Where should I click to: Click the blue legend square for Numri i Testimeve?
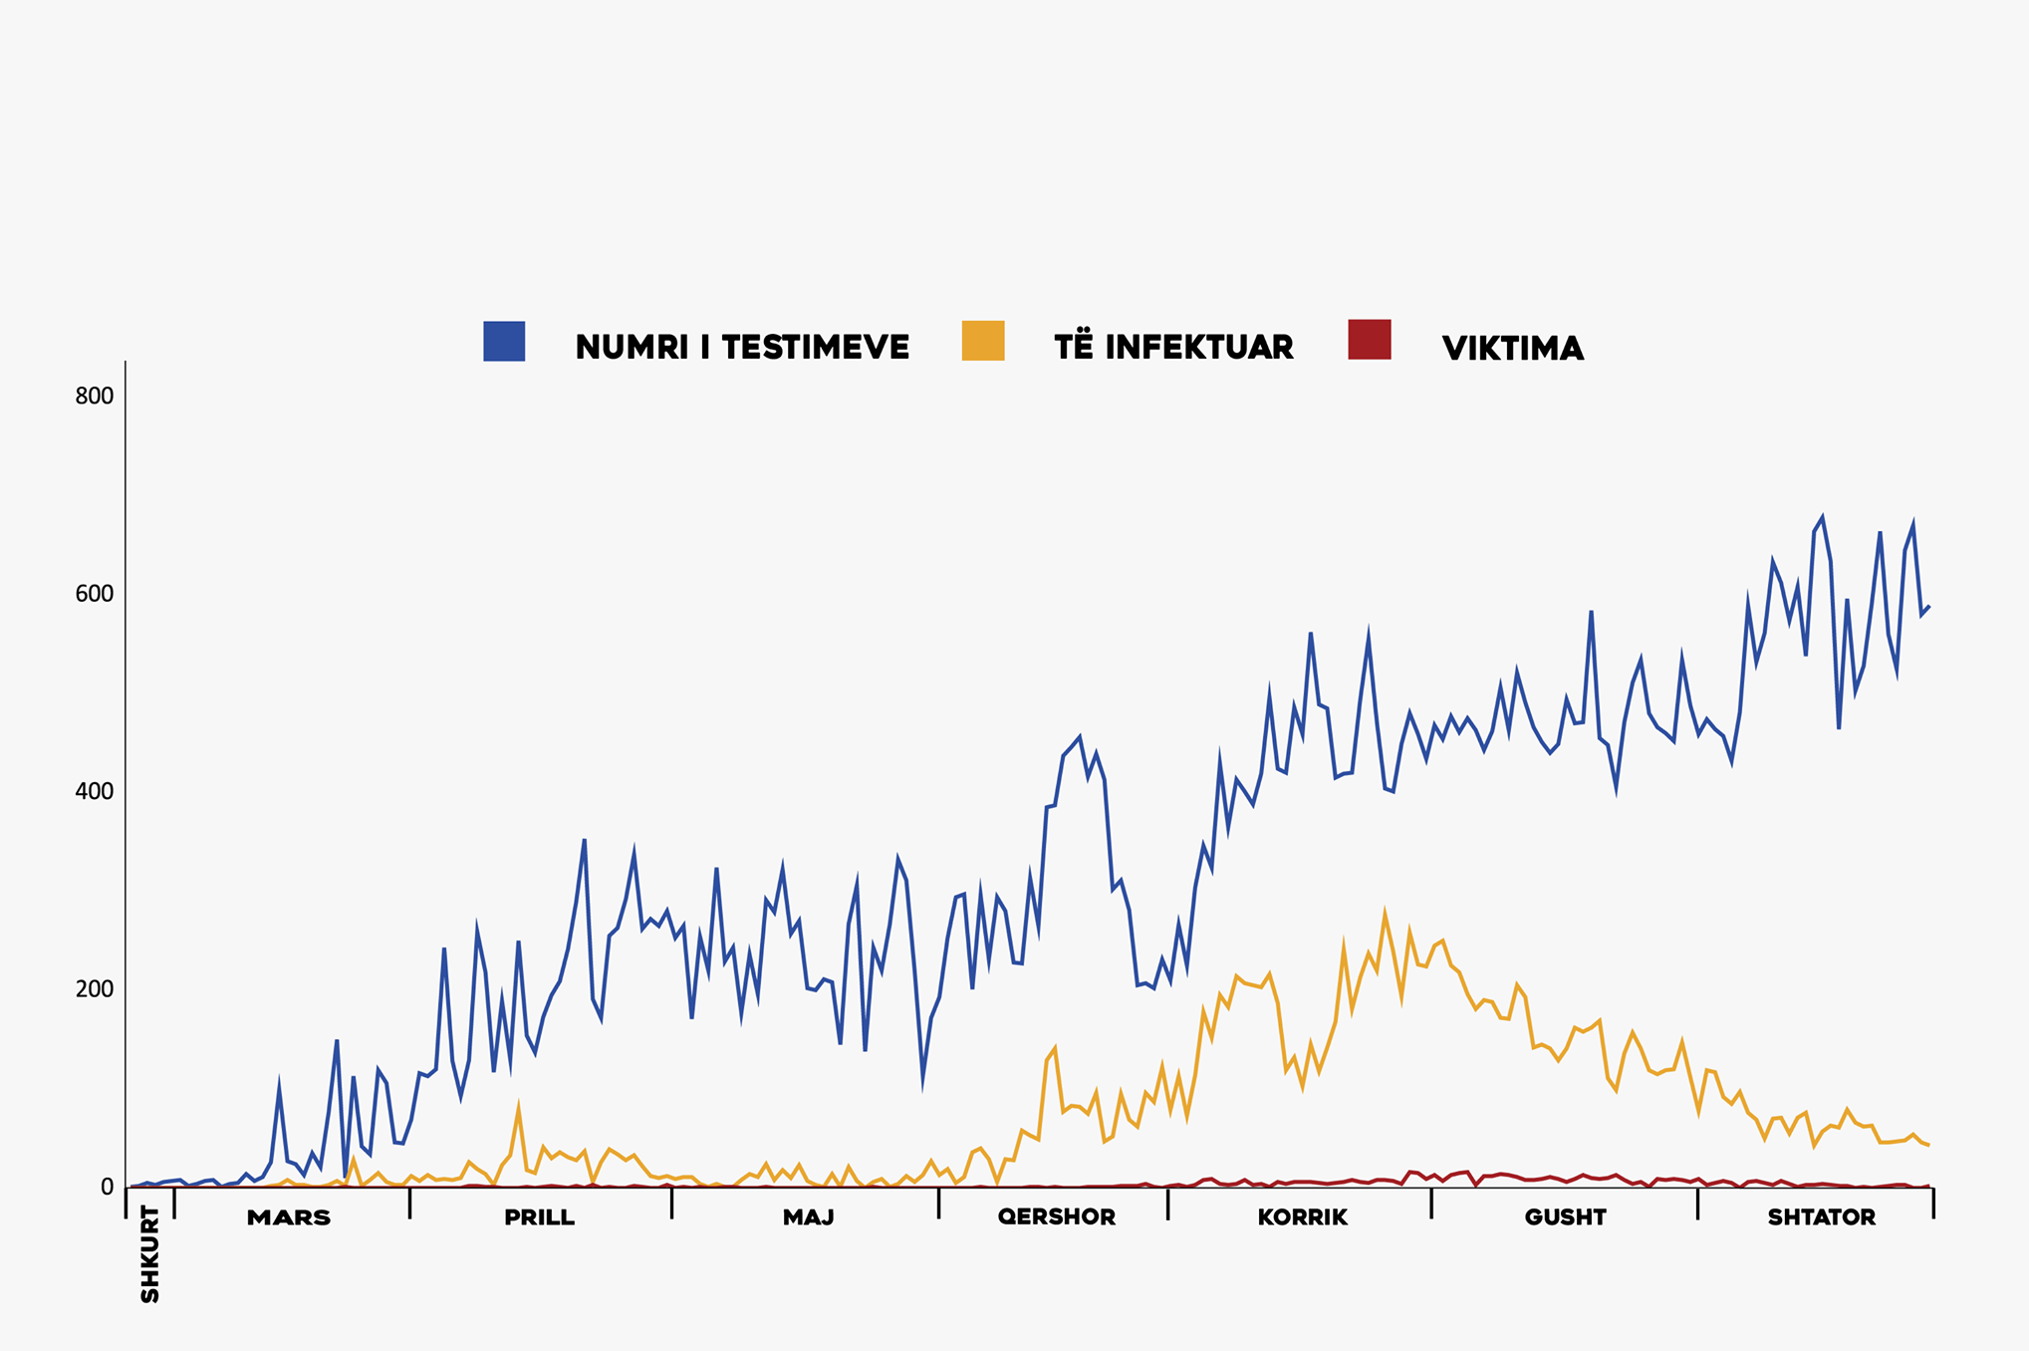(x=504, y=341)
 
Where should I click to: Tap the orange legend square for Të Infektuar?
(x=983, y=341)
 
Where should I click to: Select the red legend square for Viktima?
(x=1370, y=340)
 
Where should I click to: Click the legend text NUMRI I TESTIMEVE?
(x=742, y=347)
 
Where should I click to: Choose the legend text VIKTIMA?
(x=1512, y=349)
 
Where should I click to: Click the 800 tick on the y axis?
(x=95, y=396)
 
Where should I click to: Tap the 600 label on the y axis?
(x=95, y=594)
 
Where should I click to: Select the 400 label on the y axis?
(x=95, y=792)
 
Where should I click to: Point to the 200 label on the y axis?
(x=95, y=989)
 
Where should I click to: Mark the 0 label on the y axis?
(x=107, y=1188)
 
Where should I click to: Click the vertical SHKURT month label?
(x=150, y=1253)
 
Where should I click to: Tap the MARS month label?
(x=289, y=1217)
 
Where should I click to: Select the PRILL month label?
(x=539, y=1217)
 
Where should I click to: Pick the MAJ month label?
(x=808, y=1217)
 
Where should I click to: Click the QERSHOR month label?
(x=1057, y=1217)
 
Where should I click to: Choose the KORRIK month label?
(x=1302, y=1217)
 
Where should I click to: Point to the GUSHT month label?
(x=1565, y=1217)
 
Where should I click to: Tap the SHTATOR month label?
(x=1822, y=1217)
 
